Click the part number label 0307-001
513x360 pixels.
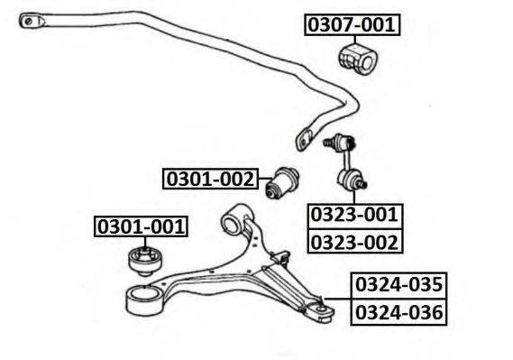[x=352, y=24]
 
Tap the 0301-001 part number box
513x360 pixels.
[x=142, y=226]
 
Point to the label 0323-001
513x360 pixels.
[x=354, y=216]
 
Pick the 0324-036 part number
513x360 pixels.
[x=398, y=312]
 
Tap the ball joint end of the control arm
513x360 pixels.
[x=317, y=308]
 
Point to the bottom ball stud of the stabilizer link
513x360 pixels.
[x=359, y=184]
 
